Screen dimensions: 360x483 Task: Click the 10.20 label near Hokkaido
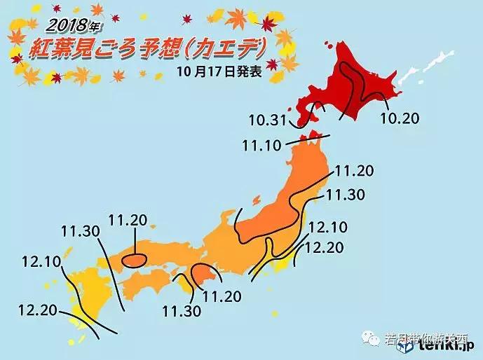[x=400, y=118]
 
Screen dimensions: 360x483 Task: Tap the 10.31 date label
[x=268, y=120]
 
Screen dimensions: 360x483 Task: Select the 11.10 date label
[x=261, y=145]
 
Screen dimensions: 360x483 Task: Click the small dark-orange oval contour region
[x=134, y=260]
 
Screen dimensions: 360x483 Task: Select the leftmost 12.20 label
[x=37, y=309]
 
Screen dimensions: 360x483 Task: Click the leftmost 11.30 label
[x=79, y=230]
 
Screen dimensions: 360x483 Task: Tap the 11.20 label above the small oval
[x=128, y=221]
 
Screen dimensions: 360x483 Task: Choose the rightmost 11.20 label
[x=354, y=170]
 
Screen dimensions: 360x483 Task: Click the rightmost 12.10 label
[x=327, y=228]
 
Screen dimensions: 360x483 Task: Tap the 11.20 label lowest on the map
[x=222, y=296]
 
